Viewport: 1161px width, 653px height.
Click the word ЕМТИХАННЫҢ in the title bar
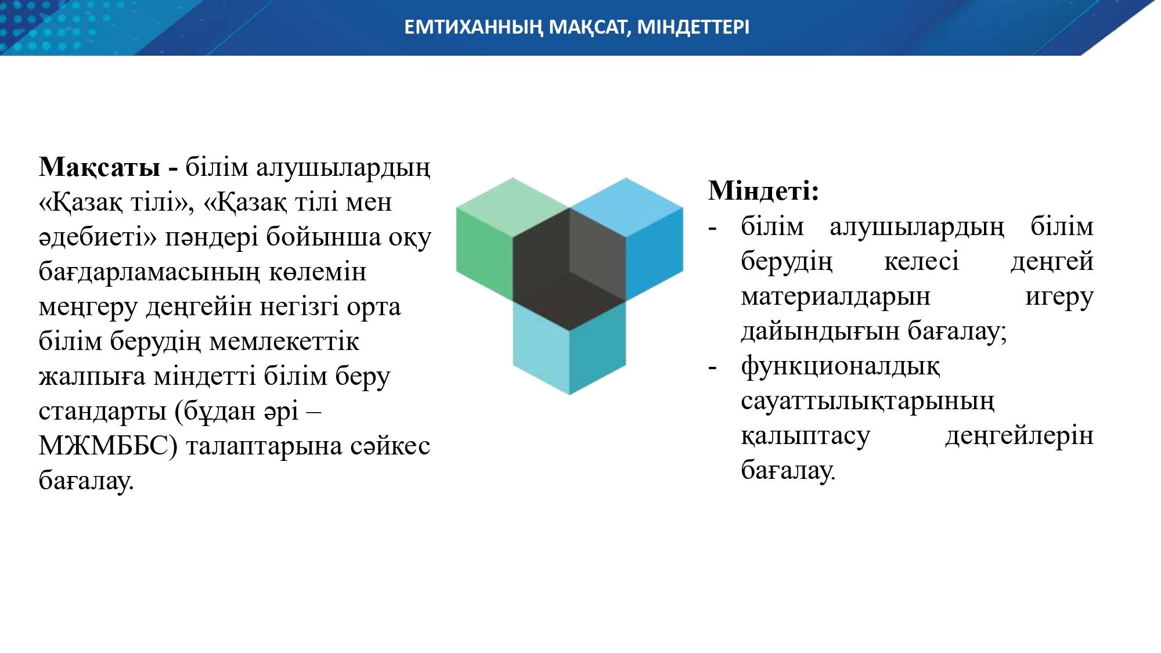(x=474, y=27)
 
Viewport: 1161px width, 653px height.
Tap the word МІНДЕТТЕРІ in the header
(x=693, y=27)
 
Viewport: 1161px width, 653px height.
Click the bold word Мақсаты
(x=99, y=168)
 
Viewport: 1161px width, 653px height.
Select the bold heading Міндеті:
(x=763, y=190)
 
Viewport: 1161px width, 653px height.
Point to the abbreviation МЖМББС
(x=103, y=446)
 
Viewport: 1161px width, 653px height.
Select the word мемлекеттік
(x=284, y=341)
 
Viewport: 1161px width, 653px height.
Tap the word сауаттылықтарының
(x=868, y=401)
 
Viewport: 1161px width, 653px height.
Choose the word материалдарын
(x=835, y=297)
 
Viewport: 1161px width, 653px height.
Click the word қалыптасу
(x=806, y=436)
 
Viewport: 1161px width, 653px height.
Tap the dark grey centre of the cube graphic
(x=569, y=270)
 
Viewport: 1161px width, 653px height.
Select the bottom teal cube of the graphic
(x=569, y=348)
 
